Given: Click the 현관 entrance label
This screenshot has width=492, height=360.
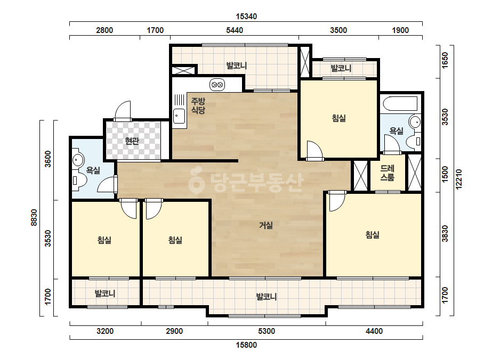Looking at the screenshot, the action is coord(132,141).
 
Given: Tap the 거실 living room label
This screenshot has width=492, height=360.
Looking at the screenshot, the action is coord(266,225).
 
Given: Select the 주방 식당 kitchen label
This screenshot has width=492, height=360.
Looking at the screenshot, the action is coord(198,105).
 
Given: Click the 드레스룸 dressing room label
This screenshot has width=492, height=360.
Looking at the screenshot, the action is coord(388,173).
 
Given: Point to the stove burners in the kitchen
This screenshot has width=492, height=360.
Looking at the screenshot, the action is coord(217,85).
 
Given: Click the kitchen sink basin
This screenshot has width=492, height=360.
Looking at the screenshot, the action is coord(179,116).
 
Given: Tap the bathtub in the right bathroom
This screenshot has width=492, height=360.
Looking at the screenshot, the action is coord(400,103).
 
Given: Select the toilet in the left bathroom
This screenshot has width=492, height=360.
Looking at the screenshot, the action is coord(80,181).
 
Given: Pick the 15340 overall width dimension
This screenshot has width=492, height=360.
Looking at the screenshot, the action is coord(246,17).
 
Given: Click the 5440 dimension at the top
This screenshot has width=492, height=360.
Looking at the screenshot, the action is coord(235,30).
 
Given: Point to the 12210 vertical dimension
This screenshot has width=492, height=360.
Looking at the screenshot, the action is coord(459,179).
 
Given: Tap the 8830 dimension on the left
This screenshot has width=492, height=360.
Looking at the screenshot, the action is coord(34,217).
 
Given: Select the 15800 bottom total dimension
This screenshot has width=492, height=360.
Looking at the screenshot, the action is coord(246,345).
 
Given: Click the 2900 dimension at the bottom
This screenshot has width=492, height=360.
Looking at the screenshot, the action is coord(174,331).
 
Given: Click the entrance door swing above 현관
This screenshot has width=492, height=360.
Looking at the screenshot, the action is coord(123,110).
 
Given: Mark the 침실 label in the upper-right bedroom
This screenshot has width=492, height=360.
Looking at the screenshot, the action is coord(339,118).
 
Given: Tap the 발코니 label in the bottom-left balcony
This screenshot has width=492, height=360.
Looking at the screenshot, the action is coord(105,293).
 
